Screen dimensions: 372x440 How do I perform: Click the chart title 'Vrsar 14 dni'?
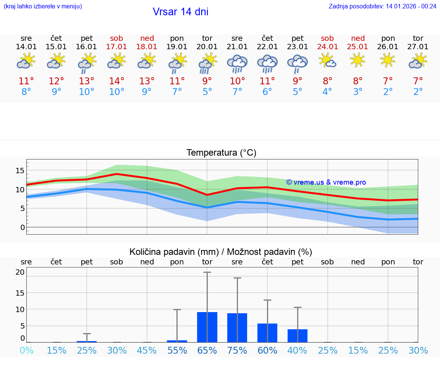(180, 12)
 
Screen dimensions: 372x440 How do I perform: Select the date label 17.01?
(116, 47)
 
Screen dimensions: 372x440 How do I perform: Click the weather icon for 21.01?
(237, 63)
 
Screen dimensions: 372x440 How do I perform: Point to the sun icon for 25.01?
(357, 60)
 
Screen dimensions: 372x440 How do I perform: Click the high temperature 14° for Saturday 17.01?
(116, 81)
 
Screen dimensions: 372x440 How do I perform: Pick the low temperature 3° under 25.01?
(358, 92)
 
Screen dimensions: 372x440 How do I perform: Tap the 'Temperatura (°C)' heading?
(221, 153)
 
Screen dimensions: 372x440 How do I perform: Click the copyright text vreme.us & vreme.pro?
(326, 182)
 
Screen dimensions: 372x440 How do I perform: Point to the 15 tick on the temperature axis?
(20, 170)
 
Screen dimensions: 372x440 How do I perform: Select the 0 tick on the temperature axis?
(23, 227)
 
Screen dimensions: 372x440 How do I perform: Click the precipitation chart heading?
(221, 252)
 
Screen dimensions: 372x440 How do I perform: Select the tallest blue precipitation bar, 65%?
(207, 327)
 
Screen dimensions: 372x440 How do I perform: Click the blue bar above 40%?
(298, 335)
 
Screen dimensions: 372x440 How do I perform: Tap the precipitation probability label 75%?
(237, 350)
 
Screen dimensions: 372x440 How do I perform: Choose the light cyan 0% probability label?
(26, 350)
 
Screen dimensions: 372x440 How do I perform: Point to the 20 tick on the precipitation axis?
(20, 272)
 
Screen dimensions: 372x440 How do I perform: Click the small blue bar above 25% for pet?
(87, 341)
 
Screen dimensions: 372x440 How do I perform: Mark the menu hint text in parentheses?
(43, 6)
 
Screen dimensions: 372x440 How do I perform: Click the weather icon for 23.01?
(298, 63)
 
